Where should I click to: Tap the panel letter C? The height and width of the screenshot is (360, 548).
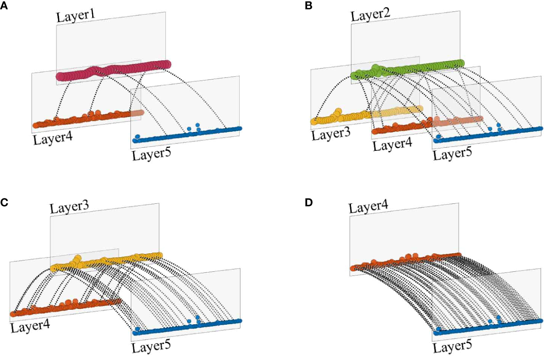(4, 202)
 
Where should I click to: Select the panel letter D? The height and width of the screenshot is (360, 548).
(309, 202)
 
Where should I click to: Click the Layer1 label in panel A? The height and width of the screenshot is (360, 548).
(75, 16)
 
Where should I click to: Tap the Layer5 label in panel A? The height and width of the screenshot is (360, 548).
(151, 154)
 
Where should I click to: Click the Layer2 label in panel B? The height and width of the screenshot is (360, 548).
(370, 15)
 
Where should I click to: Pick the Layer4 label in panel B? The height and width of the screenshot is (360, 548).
(392, 144)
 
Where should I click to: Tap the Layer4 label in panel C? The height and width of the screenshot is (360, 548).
(30, 326)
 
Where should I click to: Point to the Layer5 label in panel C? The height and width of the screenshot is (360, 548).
(151, 347)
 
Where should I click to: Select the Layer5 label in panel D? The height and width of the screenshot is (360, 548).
(452, 347)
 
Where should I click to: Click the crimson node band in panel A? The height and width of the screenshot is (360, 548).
(113, 70)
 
